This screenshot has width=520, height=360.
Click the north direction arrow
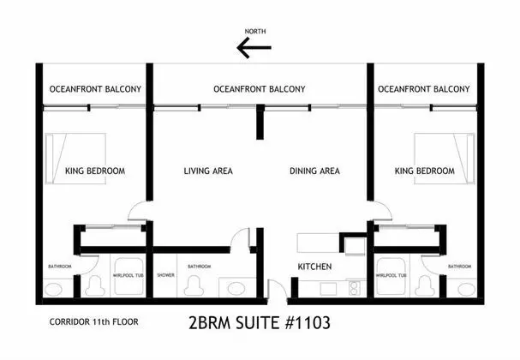(254, 47)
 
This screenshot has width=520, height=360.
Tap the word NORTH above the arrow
(255, 31)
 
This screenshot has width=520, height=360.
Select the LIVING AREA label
(208, 171)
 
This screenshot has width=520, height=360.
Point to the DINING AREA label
(314, 171)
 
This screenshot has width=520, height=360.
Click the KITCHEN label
(314, 267)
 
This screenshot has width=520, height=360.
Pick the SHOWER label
(165, 275)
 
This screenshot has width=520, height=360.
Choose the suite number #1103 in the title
(308, 322)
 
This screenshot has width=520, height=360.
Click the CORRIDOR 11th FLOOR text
(94, 321)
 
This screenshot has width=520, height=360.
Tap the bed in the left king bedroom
(75, 159)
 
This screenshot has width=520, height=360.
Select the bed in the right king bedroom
(445, 159)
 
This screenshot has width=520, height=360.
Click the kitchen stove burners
(354, 288)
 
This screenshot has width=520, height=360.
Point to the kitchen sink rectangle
(328, 289)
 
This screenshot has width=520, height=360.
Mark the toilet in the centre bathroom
(194, 286)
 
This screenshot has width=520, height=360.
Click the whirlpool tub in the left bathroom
(129, 276)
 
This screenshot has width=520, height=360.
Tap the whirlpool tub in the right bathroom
(391, 276)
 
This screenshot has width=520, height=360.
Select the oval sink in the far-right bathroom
(466, 289)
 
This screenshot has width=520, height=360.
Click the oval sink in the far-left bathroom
(53, 289)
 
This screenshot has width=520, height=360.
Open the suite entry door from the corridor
(278, 291)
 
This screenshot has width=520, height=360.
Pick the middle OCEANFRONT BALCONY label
(260, 89)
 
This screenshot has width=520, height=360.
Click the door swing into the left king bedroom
(136, 210)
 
